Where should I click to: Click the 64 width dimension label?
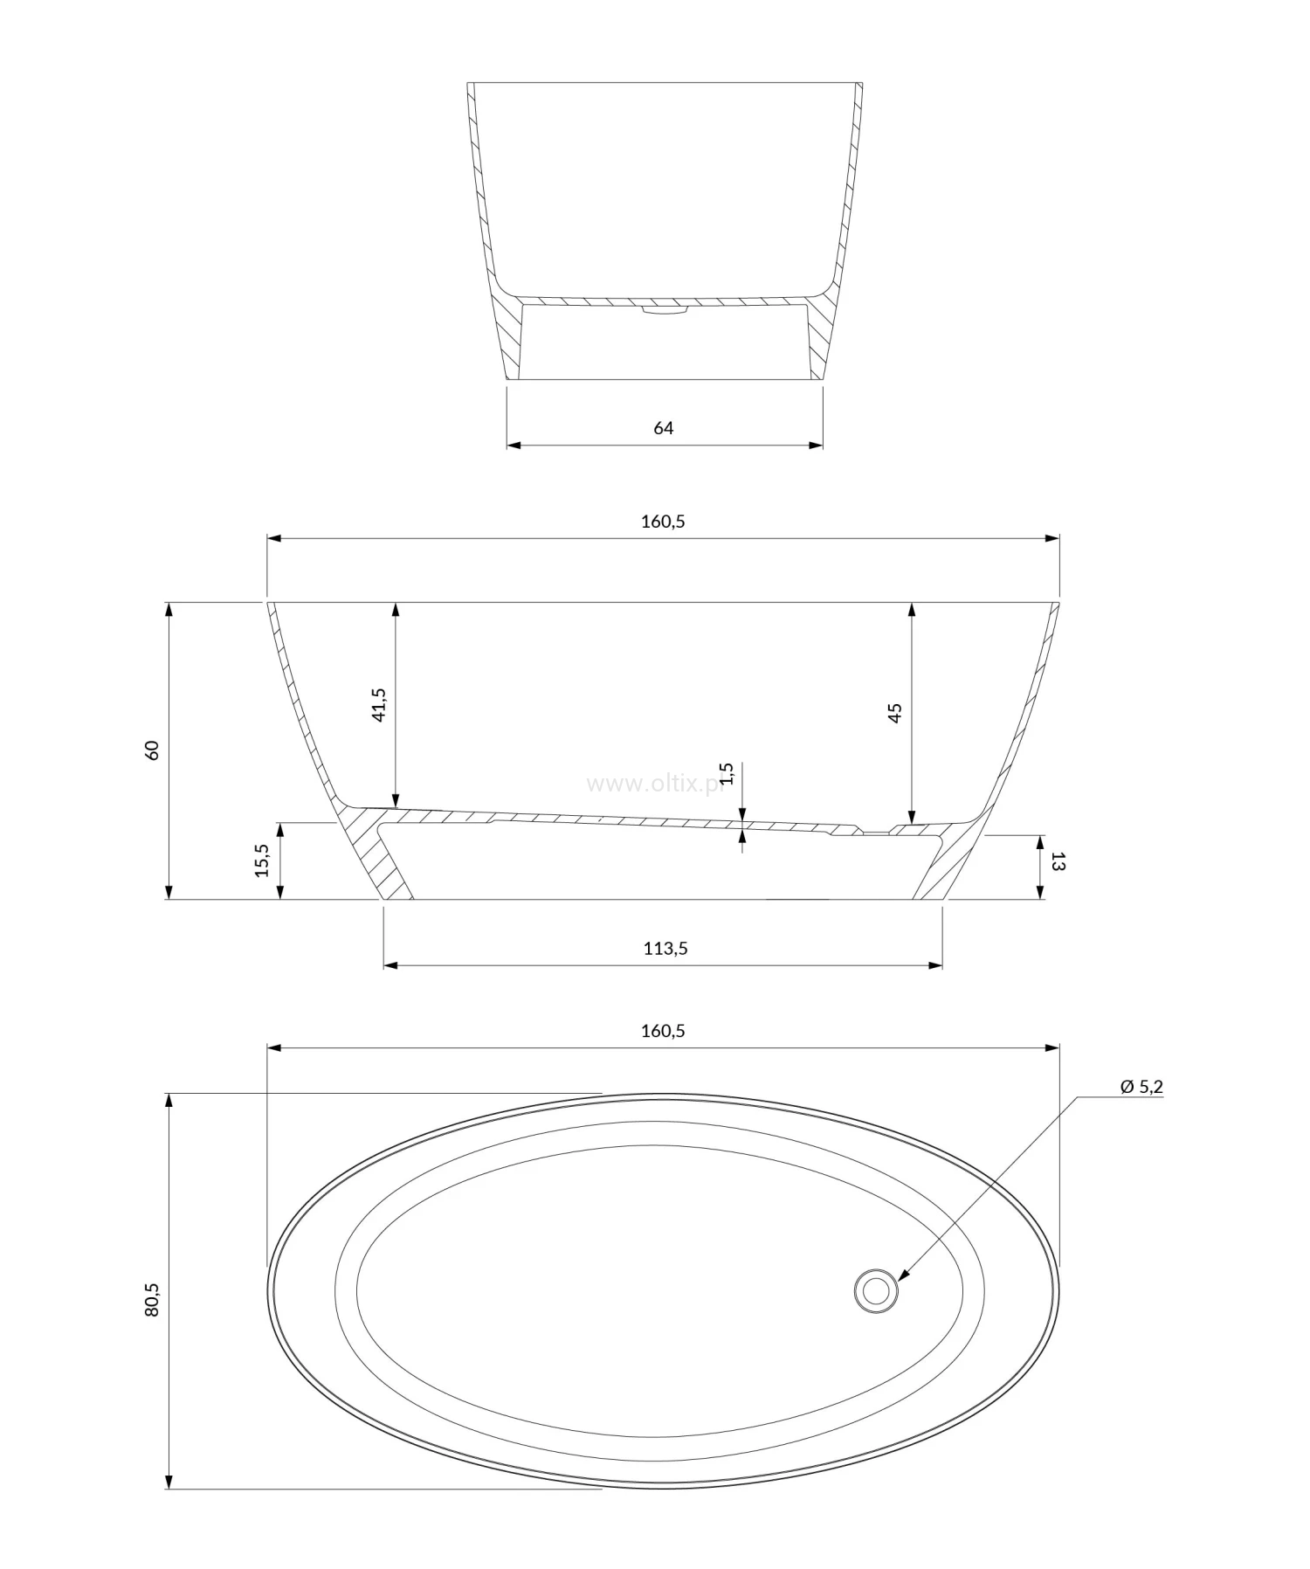click(663, 427)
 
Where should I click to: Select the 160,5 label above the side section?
click(663, 521)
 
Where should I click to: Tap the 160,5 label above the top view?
click(663, 1030)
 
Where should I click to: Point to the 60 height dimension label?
click(152, 750)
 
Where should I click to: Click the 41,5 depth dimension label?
click(378, 704)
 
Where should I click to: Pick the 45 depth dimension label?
click(894, 712)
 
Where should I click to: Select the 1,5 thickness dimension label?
click(727, 774)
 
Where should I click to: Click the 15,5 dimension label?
click(263, 861)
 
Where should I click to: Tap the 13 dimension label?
click(1058, 862)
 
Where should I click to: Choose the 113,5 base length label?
click(665, 948)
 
